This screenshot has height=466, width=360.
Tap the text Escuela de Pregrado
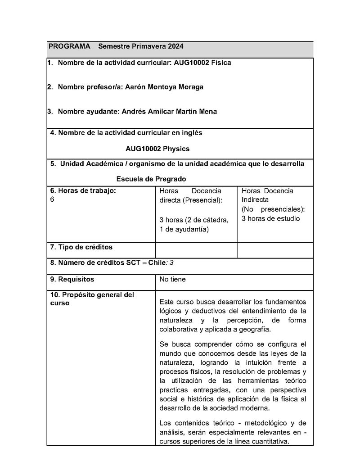pyautogui.click(x=151, y=179)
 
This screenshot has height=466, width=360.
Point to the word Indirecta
pyautogui.click(x=255, y=199)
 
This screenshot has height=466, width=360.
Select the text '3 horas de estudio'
pyautogui.click(x=270, y=219)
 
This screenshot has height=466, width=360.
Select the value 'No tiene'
pyautogui.click(x=172, y=279)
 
